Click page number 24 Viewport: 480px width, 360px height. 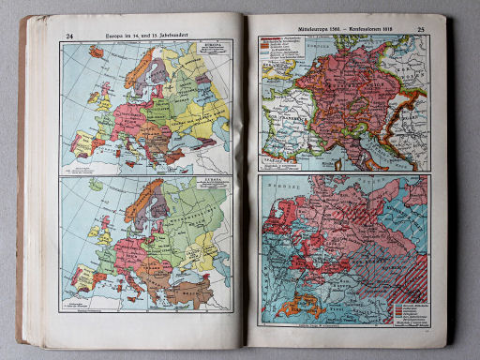68,37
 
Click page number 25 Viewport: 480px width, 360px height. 420,30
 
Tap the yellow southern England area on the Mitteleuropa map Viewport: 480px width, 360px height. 271,80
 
